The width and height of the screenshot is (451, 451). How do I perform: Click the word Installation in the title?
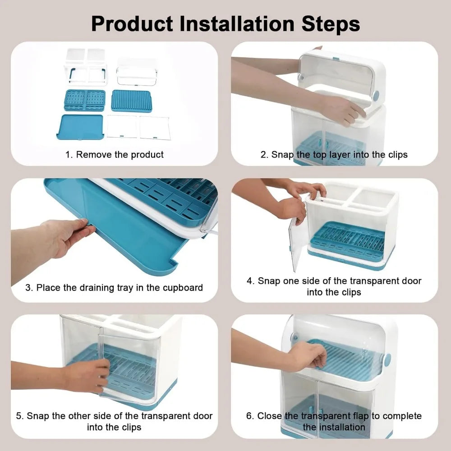(x=237, y=23)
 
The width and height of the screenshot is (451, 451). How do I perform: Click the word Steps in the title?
(x=331, y=24)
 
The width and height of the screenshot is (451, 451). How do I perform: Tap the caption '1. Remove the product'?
(x=115, y=155)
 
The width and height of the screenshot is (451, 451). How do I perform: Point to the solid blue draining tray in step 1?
(x=80, y=127)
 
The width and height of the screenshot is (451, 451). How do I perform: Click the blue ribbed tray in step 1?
(x=131, y=101)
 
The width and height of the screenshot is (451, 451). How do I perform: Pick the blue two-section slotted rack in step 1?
(x=85, y=100)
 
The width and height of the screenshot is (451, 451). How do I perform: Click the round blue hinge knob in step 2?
(x=376, y=95)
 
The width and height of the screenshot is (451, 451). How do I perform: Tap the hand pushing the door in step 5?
(x=86, y=375)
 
